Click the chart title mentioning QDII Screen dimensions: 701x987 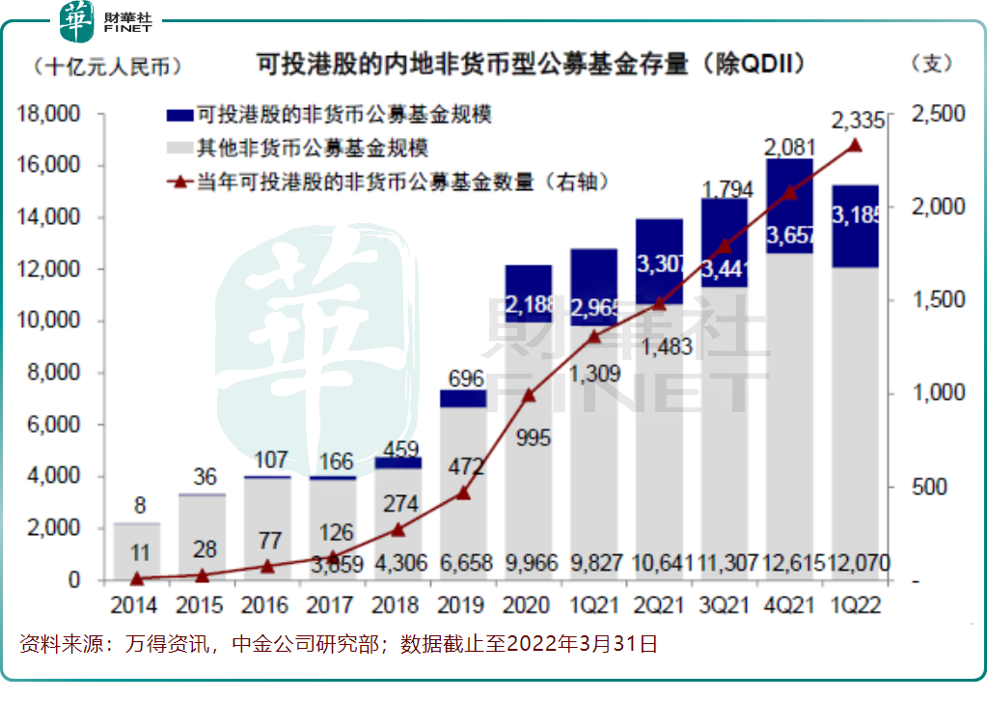click(x=531, y=65)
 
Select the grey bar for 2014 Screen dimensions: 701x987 click(x=137, y=550)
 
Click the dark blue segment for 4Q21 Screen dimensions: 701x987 click(x=789, y=207)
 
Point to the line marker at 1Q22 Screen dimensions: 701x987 click(x=855, y=146)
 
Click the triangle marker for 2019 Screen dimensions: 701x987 click(x=463, y=492)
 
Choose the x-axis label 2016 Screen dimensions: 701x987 click(x=267, y=605)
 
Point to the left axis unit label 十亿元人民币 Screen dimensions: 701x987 click(x=107, y=65)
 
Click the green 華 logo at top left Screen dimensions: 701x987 click(x=75, y=21)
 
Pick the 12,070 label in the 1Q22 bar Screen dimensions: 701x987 click(x=857, y=563)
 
